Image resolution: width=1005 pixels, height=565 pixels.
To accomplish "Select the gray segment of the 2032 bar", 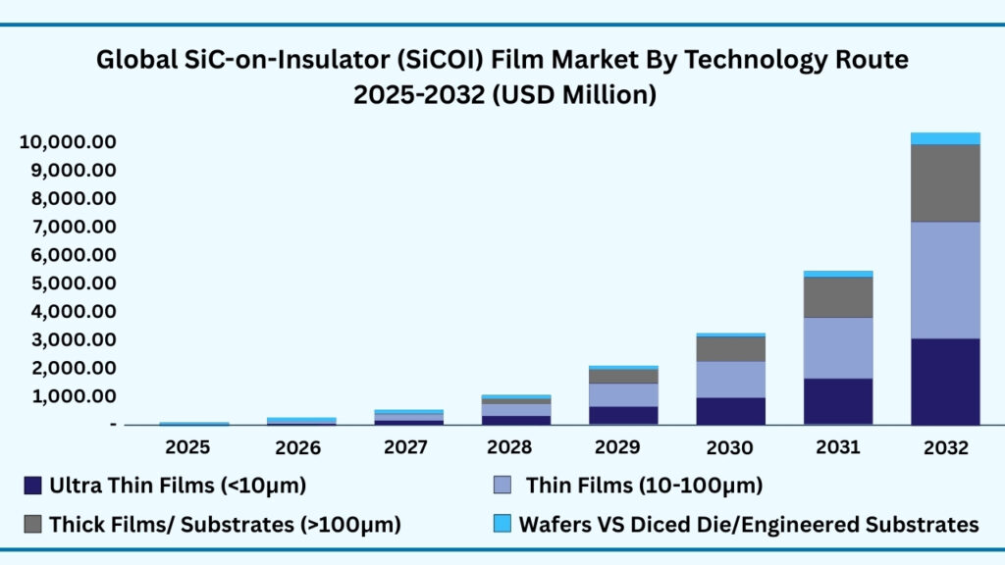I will click(945, 182).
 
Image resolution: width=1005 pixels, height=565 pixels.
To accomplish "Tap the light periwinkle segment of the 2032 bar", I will click(945, 280).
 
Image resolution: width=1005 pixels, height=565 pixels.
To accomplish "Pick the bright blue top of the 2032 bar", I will click(945, 138).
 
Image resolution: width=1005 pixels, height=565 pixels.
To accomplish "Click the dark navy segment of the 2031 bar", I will click(837, 400).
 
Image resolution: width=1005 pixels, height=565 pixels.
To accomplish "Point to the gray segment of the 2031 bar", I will click(837, 297).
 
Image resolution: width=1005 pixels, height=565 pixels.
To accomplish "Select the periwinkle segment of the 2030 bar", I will click(730, 379).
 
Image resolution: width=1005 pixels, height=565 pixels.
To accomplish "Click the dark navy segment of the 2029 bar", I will click(622, 415).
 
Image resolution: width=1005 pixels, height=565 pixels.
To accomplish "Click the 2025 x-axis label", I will click(187, 447).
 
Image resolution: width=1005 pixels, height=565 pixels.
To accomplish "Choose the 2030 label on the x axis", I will click(730, 447).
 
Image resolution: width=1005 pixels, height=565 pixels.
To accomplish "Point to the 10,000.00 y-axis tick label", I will click(68, 142).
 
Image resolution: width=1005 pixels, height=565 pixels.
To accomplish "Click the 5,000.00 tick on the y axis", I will click(73, 283).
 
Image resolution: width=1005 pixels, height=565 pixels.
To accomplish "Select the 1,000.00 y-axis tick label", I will click(73, 396).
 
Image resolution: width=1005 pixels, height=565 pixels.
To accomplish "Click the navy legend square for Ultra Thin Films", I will click(32, 485).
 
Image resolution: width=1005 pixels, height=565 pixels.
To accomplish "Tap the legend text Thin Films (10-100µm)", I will click(644, 485).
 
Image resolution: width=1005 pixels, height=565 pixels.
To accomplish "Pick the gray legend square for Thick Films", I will click(32, 524).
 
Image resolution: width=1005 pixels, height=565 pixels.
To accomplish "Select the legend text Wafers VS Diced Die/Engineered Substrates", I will click(747, 524).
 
